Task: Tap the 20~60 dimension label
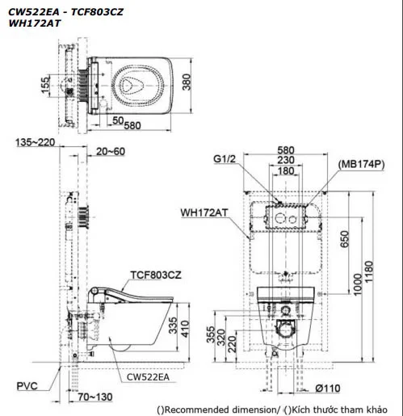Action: click(109, 151)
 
